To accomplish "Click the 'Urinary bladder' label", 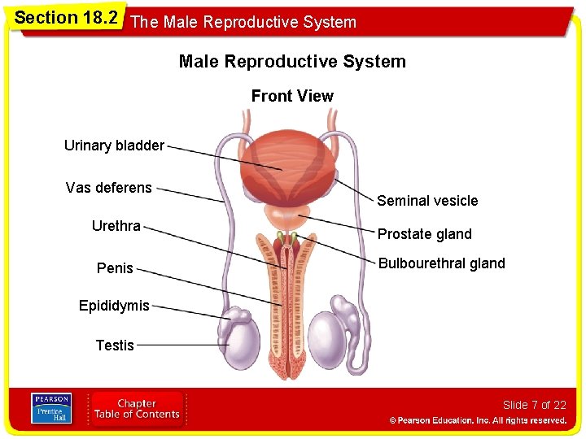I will [x=114, y=146].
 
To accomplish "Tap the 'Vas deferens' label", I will [x=108, y=188].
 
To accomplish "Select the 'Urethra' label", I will [x=116, y=225].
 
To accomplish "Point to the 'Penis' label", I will [x=115, y=267].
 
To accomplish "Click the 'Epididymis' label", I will [x=114, y=306].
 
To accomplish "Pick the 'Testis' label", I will [x=115, y=346].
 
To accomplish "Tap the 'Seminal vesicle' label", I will [x=427, y=201].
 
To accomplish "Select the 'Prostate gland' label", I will [x=424, y=234].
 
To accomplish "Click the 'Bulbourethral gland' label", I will [x=441, y=263].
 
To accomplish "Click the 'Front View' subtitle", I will [x=292, y=96].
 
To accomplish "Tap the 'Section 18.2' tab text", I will [x=66, y=18].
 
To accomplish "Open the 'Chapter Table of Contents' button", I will [x=137, y=409].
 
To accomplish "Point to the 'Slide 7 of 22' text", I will [x=534, y=405].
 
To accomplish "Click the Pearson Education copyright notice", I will [x=478, y=420].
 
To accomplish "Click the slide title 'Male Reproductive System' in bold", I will [x=292, y=62].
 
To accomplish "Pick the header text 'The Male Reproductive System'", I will [x=243, y=22].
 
